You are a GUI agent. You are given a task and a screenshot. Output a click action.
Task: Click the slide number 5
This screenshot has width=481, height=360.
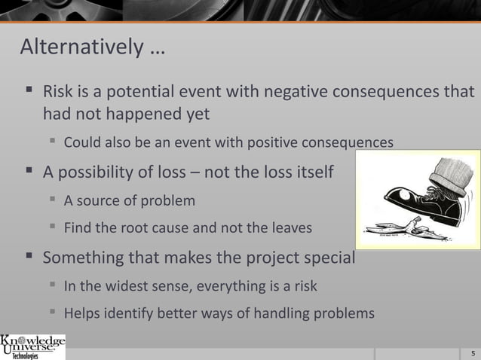click(472, 352)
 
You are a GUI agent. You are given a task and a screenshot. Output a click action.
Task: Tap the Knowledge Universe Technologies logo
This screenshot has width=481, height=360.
click(33, 346)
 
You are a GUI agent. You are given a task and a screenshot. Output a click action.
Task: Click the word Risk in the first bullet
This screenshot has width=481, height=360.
click(58, 92)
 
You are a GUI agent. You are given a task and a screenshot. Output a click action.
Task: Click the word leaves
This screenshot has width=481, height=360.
click(292, 227)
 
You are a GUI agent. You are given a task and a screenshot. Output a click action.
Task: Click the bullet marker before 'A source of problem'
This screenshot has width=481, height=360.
click(52, 200)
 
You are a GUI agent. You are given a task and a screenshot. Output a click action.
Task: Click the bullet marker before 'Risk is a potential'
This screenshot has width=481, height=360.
click(29, 92)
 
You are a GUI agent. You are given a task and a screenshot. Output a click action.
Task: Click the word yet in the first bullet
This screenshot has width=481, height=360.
click(192, 114)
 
